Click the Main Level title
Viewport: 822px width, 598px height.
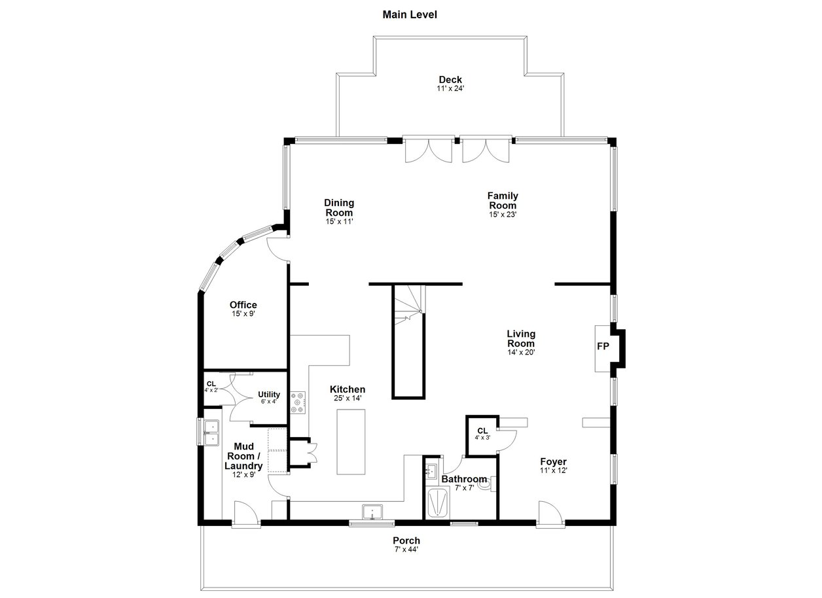point(410,14)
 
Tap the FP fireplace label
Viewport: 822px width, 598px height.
point(603,346)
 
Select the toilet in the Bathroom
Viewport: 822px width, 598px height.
point(487,484)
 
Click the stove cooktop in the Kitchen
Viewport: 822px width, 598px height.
point(298,402)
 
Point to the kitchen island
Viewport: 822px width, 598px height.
point(351,442)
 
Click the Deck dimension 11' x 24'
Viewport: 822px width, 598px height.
point(450,88)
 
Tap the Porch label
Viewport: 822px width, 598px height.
point(406,540)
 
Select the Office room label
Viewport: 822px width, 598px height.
point(243,305)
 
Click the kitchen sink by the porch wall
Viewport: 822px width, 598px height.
point(372,512)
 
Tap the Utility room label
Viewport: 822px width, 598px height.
point(269,395)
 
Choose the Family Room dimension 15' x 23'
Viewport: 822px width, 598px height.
point(503,215)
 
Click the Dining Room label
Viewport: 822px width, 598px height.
point(339,207)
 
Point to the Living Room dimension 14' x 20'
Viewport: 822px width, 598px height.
point(521,353)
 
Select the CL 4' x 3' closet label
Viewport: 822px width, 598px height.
point(482,433)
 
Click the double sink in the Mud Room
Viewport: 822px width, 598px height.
point(212,433)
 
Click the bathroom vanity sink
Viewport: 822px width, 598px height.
point(431,470)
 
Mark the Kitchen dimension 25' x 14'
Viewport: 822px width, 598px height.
point(348,398)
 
